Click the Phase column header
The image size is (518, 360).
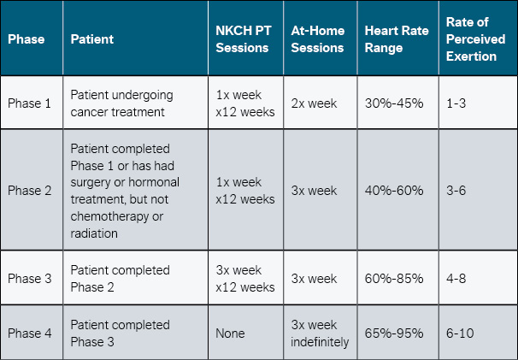26,39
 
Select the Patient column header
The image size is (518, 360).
91,39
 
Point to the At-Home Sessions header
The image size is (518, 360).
318,39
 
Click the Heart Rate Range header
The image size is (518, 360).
395,39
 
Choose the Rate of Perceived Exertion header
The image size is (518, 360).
471,39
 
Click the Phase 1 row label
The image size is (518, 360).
30,103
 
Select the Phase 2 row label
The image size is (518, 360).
30,191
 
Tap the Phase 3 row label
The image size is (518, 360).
30,279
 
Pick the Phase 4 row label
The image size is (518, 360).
30,333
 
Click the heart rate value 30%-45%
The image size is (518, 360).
393,103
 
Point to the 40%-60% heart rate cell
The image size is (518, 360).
393,191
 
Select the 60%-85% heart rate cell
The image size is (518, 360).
393,279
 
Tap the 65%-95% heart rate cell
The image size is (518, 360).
393,333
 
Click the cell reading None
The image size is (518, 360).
233,333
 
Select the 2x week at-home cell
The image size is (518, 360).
315,103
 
